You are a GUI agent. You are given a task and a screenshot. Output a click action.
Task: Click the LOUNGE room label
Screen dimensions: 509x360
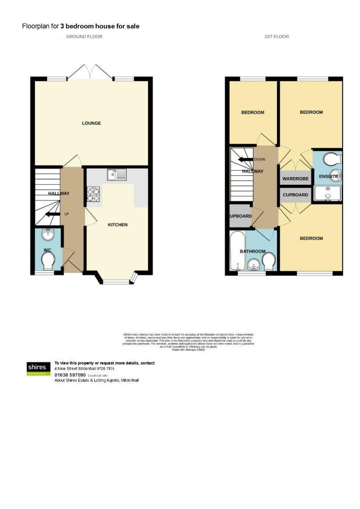click(91, 123)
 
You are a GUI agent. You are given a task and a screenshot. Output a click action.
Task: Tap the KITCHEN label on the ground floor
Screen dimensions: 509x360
click(118, 225)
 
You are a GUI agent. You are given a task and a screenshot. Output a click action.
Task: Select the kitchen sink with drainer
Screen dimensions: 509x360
click(116, 175)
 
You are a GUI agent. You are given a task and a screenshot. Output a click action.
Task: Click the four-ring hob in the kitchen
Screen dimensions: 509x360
click(93, 195)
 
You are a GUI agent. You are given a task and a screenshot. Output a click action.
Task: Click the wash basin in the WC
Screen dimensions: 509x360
click(48, 234)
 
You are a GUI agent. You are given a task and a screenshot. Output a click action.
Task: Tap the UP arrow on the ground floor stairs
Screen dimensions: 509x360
click(51, 214)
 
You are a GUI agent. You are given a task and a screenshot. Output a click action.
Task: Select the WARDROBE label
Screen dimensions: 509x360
click(295, 179)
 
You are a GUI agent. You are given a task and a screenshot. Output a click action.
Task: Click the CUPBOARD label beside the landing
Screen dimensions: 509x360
click(295, 195)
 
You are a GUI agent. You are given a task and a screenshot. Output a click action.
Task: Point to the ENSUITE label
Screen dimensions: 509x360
click(328, 177)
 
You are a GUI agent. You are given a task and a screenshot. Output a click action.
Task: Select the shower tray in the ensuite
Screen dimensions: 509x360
click(328, 193)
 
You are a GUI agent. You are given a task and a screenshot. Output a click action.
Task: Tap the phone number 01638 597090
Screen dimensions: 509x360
click(70, 375)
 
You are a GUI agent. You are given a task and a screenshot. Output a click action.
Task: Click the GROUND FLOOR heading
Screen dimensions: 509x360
click(84, 36)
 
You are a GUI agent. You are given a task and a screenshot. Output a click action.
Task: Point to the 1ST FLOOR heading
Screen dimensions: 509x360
click(277, 36)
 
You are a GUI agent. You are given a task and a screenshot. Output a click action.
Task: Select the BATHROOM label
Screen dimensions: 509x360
click(253, 252)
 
